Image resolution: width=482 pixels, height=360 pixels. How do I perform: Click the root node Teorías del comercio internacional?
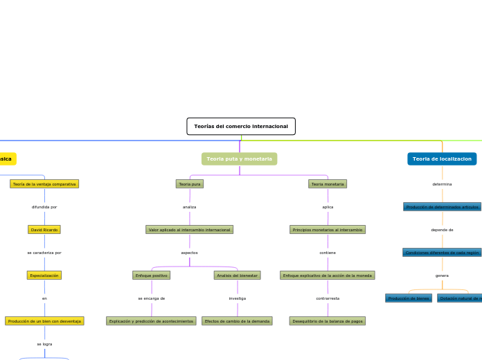[x=241, y=126]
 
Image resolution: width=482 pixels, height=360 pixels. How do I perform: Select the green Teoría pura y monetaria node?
[x=240, y=159]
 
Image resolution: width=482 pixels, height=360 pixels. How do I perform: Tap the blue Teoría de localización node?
[x=442, y=159]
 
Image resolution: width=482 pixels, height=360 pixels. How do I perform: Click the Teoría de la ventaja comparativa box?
[x=44, y=184]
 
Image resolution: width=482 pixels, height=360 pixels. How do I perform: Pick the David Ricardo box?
[x=44, y=230]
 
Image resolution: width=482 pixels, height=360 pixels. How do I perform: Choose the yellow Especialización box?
[x=44, y=276]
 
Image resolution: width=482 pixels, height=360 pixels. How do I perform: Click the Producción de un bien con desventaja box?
[x=44, y=321]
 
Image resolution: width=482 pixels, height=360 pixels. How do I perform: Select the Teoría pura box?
[x=190, y=184]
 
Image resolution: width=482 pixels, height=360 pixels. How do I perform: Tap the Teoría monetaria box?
[x=328, y=184]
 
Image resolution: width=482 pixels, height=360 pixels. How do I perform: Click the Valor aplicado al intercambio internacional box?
[x=190, y=230]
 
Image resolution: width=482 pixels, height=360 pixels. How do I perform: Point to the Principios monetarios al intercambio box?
[x=328, y=230]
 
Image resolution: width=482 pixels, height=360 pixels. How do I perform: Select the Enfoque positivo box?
[x=152, y=276]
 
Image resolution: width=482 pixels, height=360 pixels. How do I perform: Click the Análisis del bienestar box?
[x=238, y=276]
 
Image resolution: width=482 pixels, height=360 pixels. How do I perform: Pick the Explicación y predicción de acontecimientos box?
[x=152, y=321]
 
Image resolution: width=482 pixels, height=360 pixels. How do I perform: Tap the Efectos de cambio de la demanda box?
[x=238, y=321]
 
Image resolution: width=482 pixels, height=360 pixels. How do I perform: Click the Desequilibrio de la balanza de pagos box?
[x=328, y=321]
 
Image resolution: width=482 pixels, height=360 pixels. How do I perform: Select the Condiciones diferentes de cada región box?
[x=442, y=253]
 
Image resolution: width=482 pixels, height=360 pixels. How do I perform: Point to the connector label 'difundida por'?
[x=44, y=207]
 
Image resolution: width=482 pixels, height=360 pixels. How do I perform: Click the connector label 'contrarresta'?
[x=328, y=298]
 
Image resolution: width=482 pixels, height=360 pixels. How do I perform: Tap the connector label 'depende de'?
[x=442, y=230]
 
